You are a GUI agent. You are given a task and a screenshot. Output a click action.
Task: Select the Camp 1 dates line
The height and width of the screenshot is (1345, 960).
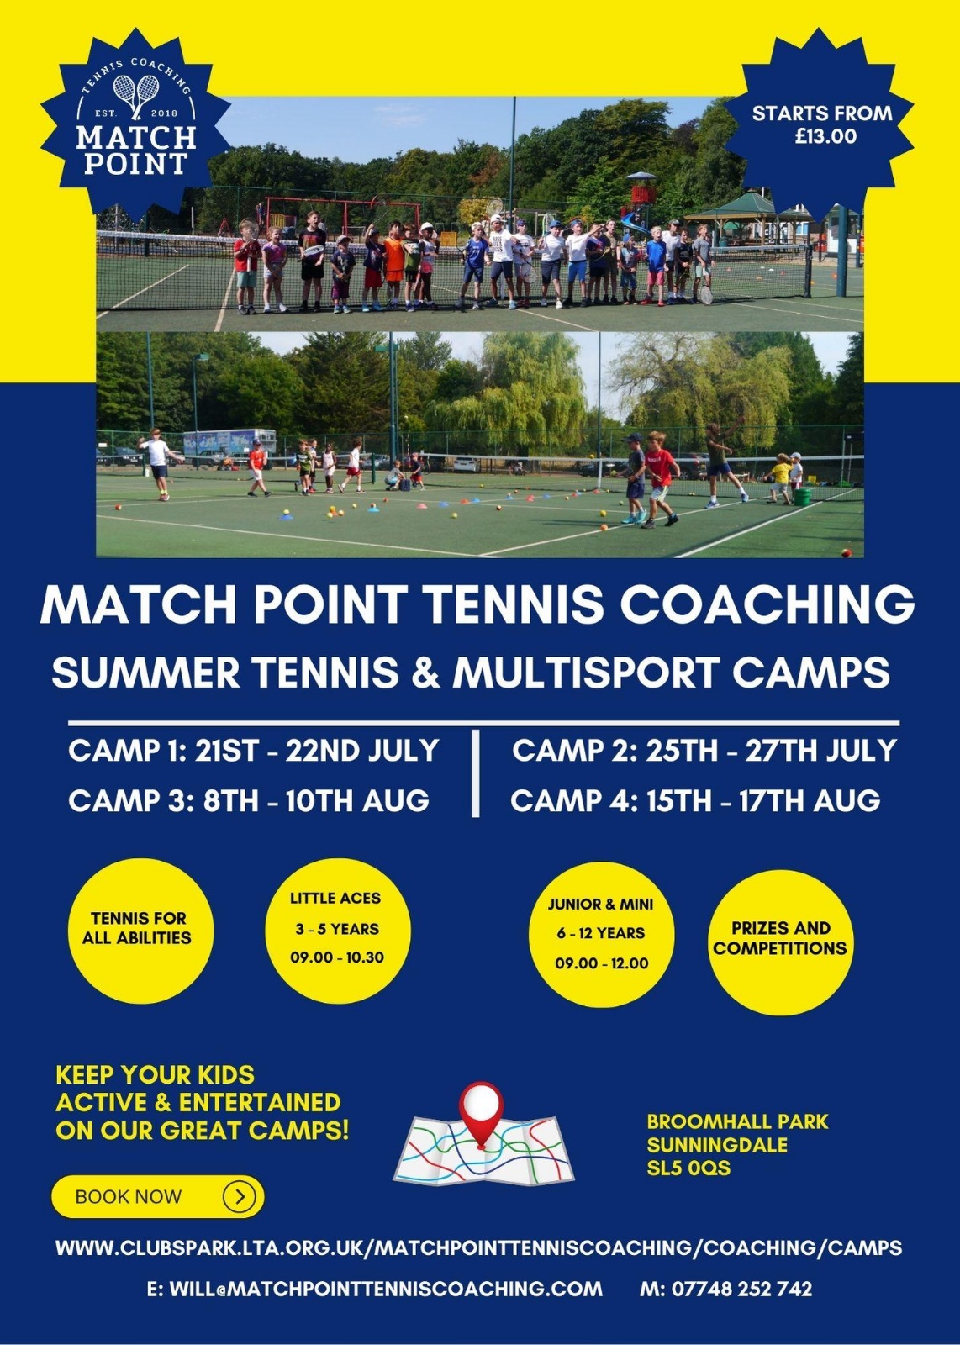tap(253, 752)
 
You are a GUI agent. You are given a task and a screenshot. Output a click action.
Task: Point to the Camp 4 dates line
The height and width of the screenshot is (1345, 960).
tap(695, 800)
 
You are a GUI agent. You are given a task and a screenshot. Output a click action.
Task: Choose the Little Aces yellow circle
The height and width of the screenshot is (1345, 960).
tap(337, 931)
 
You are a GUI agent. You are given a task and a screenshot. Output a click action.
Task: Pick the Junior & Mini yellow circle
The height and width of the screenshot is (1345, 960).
tap(601, 935)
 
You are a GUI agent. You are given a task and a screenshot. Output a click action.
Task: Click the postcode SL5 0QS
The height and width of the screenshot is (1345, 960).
tap(688, 1168)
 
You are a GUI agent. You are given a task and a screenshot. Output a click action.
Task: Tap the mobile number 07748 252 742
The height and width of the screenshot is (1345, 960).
tap(742, 1289)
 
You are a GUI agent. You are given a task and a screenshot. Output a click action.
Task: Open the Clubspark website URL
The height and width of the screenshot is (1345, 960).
tap(478, 1247)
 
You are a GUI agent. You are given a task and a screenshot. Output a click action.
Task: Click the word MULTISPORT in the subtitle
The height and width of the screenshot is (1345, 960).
tap(586, 672)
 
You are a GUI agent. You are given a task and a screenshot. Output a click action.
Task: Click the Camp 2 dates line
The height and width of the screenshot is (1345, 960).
tap(704, 752)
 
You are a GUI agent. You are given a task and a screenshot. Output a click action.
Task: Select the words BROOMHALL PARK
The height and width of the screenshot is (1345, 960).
tap(737, 1121)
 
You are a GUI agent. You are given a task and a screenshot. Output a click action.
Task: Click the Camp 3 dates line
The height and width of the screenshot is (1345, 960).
tap(249, 800)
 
